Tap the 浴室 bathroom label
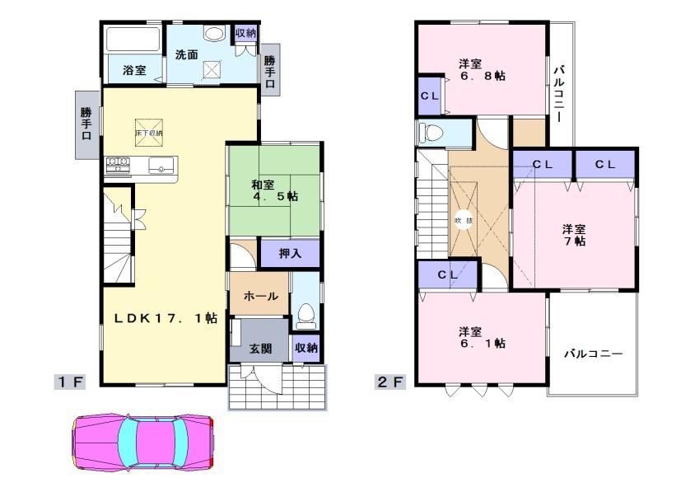click(x=134, y=71)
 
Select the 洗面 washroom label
click(x=186, y=55)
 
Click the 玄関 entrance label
click(x=260, y=349)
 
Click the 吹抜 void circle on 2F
click(x=464, y=221)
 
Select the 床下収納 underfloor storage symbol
click(x=149, y=129)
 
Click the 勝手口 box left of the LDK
click(x=86, y=124)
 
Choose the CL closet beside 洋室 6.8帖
click(x=430, y=95)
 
